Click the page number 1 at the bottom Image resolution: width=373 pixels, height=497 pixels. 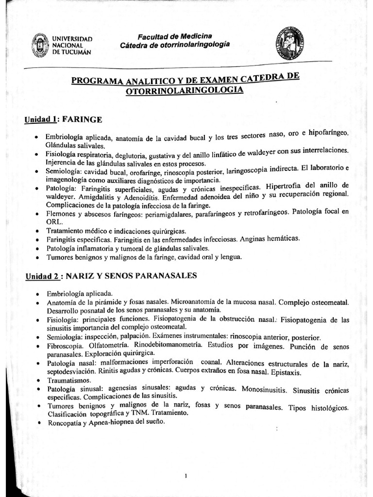(186, 463)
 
